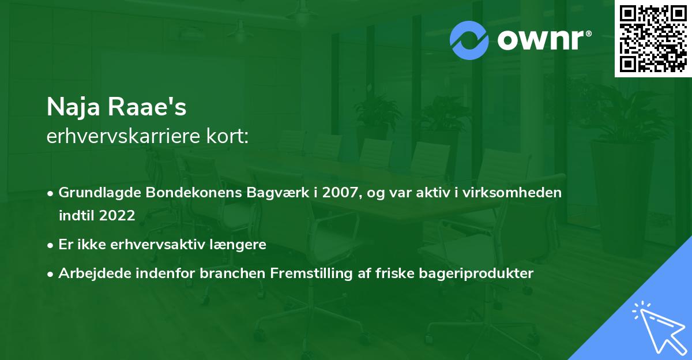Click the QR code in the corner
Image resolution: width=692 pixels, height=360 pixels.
tap(653, 38)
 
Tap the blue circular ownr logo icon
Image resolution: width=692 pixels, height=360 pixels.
tap(469, 40)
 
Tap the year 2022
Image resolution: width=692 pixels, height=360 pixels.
tap(117, 216)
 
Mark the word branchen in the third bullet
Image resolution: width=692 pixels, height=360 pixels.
tap(237, 273)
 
